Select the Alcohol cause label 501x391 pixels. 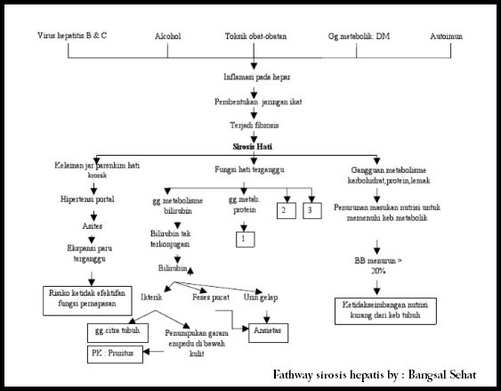(169, 38)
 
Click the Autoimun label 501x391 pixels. (447, 38)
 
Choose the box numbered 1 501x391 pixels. (242, 238)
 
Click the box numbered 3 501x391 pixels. (309, 209)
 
